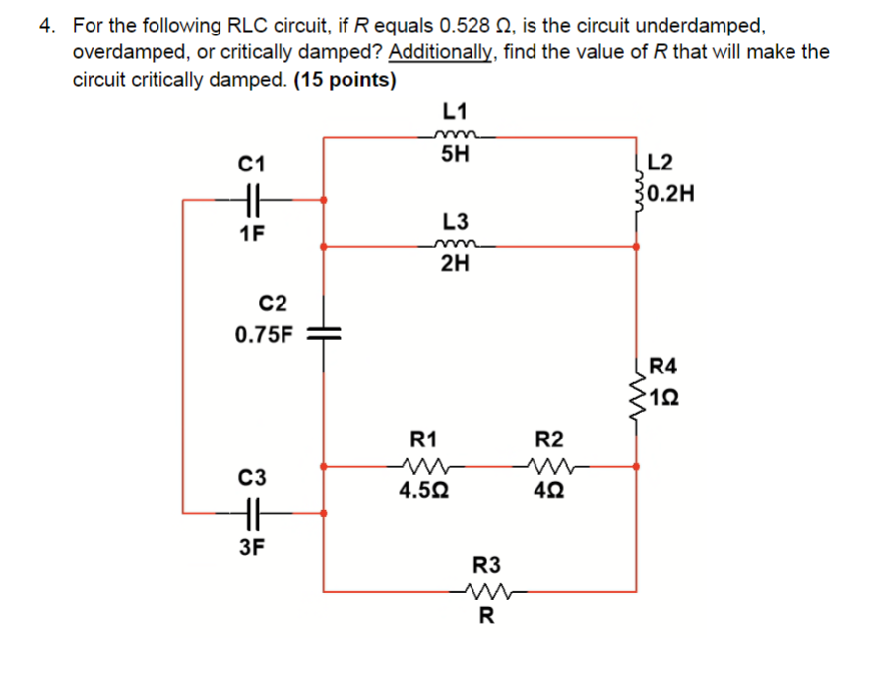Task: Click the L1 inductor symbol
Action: [x=454, y=136]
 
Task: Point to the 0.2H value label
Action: [x=671, y=193]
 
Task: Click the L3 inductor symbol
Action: [x=454, y=246]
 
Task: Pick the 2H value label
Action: [x=455, y=264]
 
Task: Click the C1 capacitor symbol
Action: [x=252, y=200]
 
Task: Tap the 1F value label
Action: [x=251, y=234]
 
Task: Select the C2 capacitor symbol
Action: [x=322, y=333]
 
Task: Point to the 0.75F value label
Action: [x=264, y=335]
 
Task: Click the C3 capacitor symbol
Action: [x=252, y=513]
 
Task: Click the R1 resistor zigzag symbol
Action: [x=424, y=465]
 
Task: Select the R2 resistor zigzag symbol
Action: [x=547, y=465]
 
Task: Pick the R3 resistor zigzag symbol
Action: [x=485, y=592]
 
